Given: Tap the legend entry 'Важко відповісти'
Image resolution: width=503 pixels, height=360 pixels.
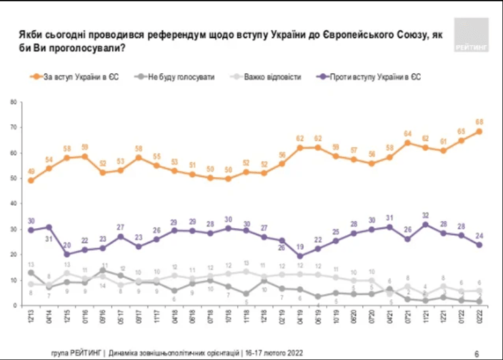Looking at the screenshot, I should pyautogui.click(x=273, y=77).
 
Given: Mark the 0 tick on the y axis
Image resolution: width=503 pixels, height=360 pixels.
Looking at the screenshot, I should pyautogui.click(x=14, y=306).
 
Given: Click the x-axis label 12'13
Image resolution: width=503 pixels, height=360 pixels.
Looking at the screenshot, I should pyautogui.click(x=31, y=317).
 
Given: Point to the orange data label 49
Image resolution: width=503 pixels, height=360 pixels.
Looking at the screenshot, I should pyautogui.click(x=31, y=171).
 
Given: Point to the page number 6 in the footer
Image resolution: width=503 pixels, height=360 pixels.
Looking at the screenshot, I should pyautogui.click(x=476, y=353).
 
